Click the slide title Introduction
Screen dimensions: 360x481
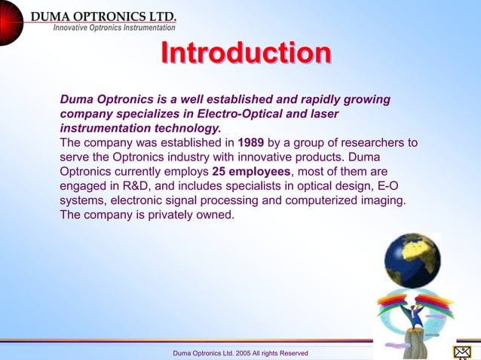click(246, 54)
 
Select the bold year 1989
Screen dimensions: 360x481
click(250, 142)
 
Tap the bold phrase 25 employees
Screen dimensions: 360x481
click(252, 171)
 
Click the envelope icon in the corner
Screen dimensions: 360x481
click(462, 352)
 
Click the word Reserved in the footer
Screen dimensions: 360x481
click(293, 353)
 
